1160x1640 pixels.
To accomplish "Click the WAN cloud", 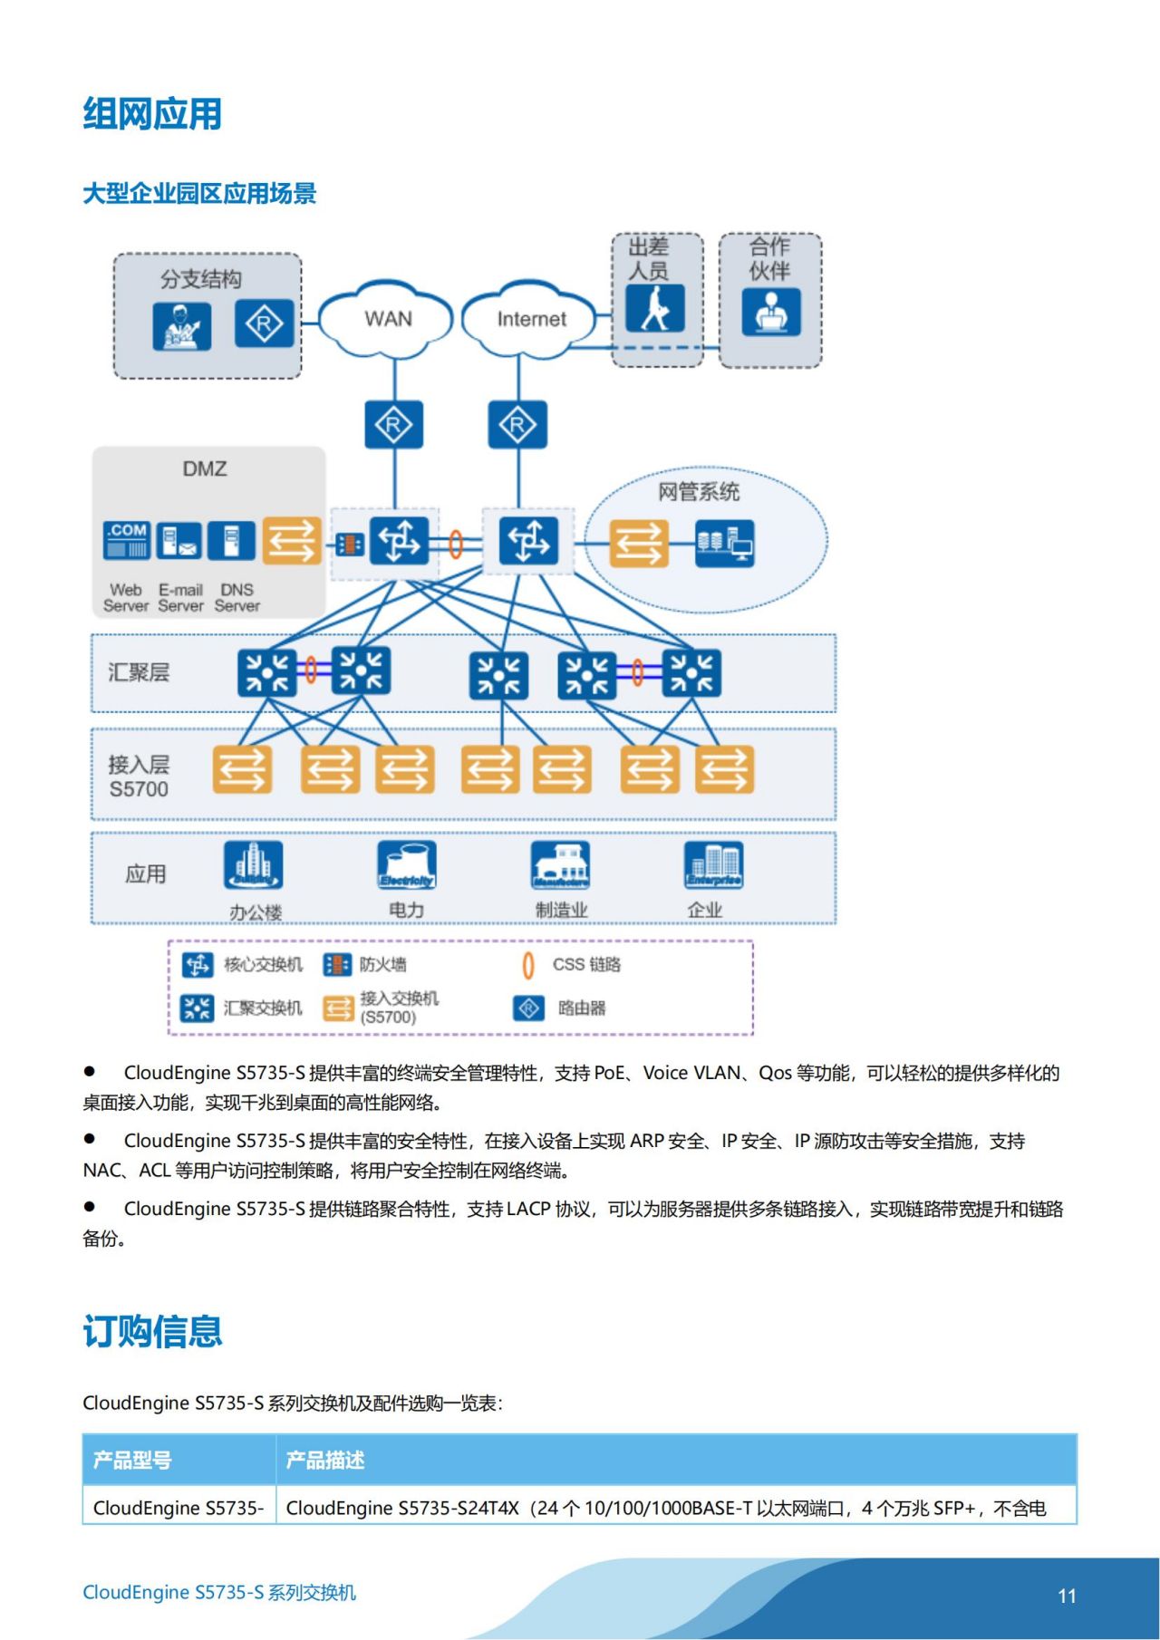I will [387, 319].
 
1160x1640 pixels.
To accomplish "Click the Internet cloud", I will [530, 319].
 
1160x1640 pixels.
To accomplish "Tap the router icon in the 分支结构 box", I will [264, 323].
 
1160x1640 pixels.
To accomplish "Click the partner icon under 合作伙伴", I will [770, 312].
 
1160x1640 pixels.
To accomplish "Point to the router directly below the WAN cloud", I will [393, 424].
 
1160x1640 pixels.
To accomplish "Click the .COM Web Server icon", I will [127, 541].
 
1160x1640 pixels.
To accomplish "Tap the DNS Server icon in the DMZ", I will [232, 541].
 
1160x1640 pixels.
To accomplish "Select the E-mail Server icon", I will [179, 541].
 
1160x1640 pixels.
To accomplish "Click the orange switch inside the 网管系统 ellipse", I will [639, 543].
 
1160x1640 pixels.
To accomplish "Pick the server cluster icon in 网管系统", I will [724, 543].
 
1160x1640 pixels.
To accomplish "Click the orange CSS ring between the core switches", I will [456, 544].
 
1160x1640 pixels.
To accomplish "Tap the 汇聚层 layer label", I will [139, 672].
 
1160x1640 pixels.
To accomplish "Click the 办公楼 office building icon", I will [254, 865].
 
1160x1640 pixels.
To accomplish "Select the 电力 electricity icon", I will [407, 865].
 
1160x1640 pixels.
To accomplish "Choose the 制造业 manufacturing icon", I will [561, 865].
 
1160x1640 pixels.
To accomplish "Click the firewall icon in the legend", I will [337, 965].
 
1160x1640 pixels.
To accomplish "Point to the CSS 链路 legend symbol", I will [528, 966].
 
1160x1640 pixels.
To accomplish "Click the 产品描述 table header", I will [325, 1460].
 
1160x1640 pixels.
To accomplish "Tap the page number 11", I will [1067, 1596].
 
